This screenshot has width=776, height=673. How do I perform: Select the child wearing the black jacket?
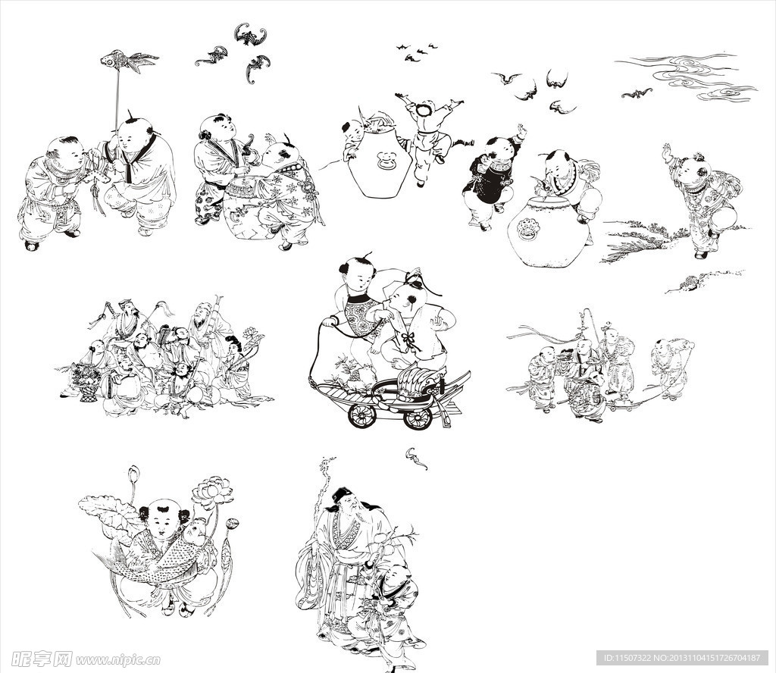490,177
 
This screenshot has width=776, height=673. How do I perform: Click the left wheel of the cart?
363,415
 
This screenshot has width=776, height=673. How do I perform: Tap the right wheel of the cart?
418,418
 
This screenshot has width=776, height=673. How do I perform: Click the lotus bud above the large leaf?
133,475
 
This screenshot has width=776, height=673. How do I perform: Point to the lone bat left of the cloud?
637,92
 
